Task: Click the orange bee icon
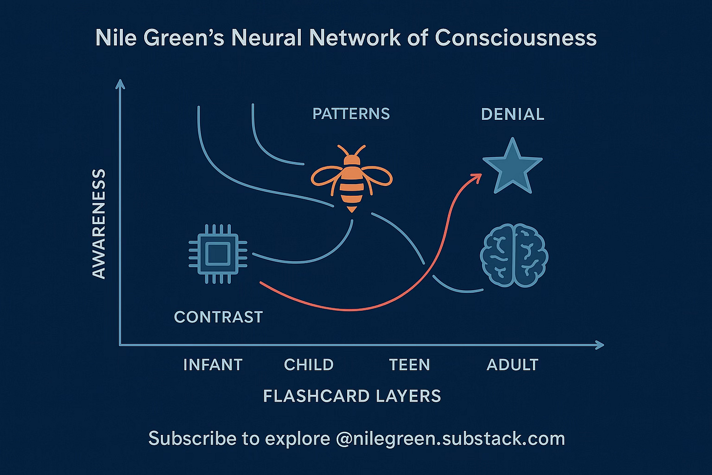coord(352,179)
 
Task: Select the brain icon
coord(514,255)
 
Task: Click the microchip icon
coord(218,254)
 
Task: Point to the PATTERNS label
coord(351,114)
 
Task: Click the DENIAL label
coord(512,114)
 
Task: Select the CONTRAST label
coord(218,317)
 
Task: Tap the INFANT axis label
coord(213,365)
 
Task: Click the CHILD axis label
coord(309,365)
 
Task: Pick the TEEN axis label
coord(409,365)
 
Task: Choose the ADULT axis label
coord(512,365)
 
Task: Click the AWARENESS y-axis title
coord(99,224)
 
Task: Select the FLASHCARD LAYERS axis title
coord(352,396)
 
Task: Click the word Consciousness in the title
coord(516,38)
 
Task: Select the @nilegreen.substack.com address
coord(450,438)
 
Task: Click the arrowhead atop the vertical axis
coord(120,84)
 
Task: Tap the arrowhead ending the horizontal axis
coord(600,345)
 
